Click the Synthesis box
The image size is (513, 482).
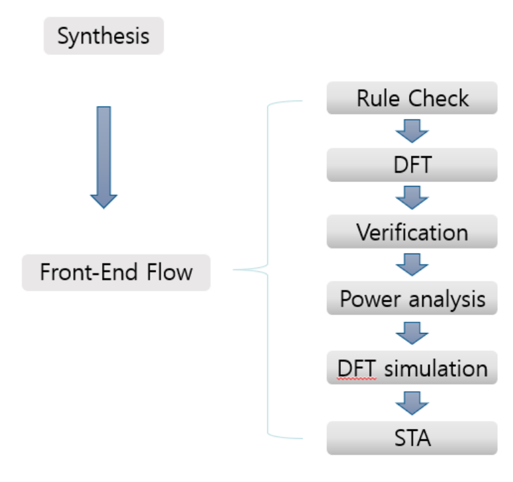pos(103,36)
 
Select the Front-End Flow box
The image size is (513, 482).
pos(116,272)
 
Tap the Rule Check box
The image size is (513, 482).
pos(412,99)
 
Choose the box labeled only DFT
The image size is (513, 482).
pos(412,165)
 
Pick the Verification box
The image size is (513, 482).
pos(412,232)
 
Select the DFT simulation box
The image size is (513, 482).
pos(412,367)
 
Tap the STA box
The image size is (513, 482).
pos(412,438)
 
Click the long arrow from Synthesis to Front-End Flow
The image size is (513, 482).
pos(104,156)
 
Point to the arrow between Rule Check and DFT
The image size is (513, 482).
pos(412,132)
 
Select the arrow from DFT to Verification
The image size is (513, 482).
pos(412,198)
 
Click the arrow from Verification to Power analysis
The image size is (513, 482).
pos(412,265)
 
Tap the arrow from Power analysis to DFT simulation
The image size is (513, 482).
pos(412,333)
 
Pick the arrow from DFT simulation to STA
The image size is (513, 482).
pos(412,403)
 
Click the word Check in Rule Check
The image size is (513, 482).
pos(438,99)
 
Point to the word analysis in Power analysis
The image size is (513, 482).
pos(447,299)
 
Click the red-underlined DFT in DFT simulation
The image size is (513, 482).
pos(357,367)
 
